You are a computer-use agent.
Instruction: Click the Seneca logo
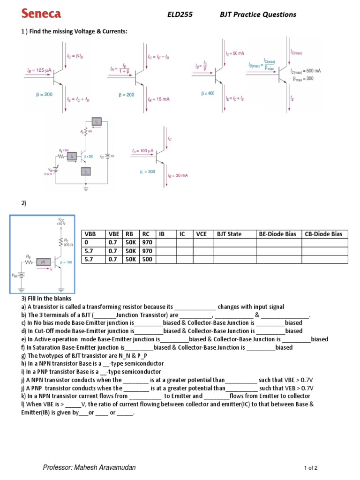tap(41, 14)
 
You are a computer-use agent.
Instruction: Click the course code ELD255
tap(180, 15)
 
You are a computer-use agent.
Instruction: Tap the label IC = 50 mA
tap(235, 54)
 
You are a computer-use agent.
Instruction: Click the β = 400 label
tap(208, 93)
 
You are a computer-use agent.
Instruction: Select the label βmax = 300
tap(303, 78)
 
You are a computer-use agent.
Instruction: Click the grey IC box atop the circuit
tap(97, 121)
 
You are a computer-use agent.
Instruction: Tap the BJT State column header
tap(229, 234)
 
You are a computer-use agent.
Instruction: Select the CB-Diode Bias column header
tap(323, 234)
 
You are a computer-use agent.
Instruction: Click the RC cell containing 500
tap(147, 259)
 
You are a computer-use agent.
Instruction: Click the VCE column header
tap(201, 234)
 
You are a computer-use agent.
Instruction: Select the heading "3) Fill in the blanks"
tap(46, 299)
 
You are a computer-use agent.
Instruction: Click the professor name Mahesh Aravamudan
tap(90, 468)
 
